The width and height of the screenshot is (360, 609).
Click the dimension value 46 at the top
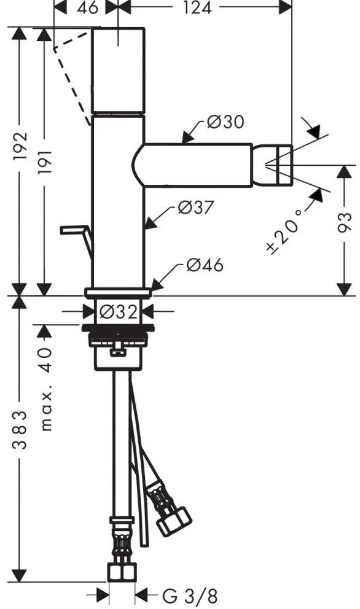coord(87,7)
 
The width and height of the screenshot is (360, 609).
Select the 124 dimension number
coord(197,7)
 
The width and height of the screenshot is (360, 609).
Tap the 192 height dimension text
coord(20,147)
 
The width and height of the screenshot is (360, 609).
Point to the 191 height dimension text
coord(45,162)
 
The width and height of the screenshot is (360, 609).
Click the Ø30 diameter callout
coord(225,122)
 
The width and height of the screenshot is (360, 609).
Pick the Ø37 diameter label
coord(195,208)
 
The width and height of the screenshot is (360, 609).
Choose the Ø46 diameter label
coord(205,265)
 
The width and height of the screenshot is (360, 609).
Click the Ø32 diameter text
coord(119,311)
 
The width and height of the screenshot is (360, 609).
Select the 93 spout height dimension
coord(344,223)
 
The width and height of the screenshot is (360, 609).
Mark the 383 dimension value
coord(20,430)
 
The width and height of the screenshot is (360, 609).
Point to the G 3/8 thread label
coord(190,596)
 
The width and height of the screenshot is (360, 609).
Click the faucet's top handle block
coord(118,71)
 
